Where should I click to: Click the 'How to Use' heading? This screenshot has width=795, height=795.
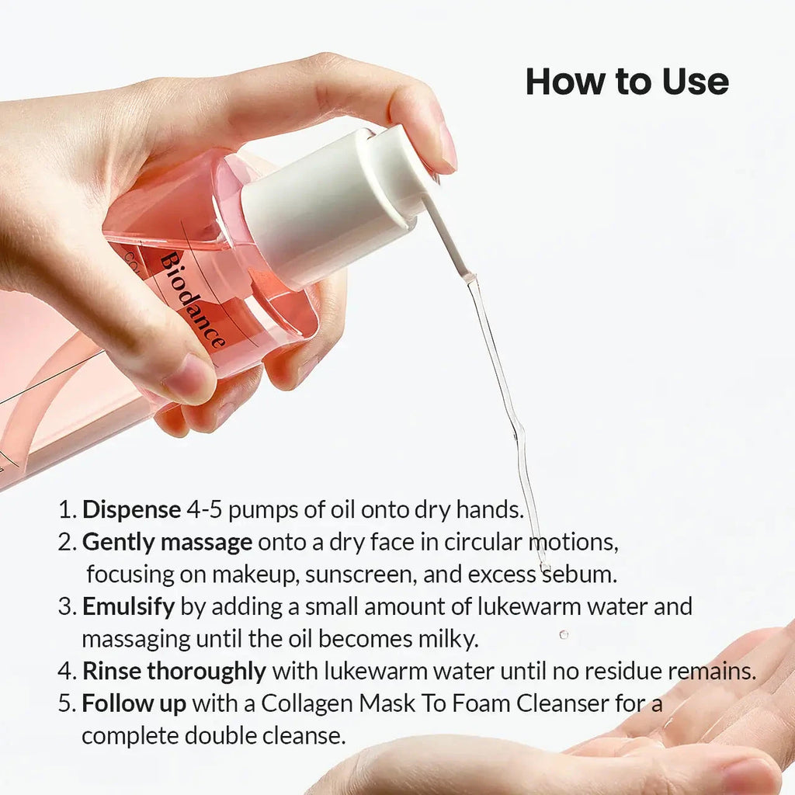point(627,81)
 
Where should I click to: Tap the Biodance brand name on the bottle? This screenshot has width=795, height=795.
point(193,301)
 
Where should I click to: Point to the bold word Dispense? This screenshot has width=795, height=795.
point(131,509)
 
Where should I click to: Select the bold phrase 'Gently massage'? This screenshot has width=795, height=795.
point(168,543)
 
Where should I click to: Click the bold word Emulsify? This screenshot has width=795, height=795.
point(128,606)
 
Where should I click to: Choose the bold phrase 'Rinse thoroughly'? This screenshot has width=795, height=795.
point(174,671)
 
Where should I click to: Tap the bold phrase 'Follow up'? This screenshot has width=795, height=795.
point(134,703)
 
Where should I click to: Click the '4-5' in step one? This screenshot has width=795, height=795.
point(204,509)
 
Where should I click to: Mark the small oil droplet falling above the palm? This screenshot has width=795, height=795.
point(564,634)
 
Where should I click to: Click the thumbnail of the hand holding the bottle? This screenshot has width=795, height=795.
point(189,378)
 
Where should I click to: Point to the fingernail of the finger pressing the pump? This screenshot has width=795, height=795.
point(447,147)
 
